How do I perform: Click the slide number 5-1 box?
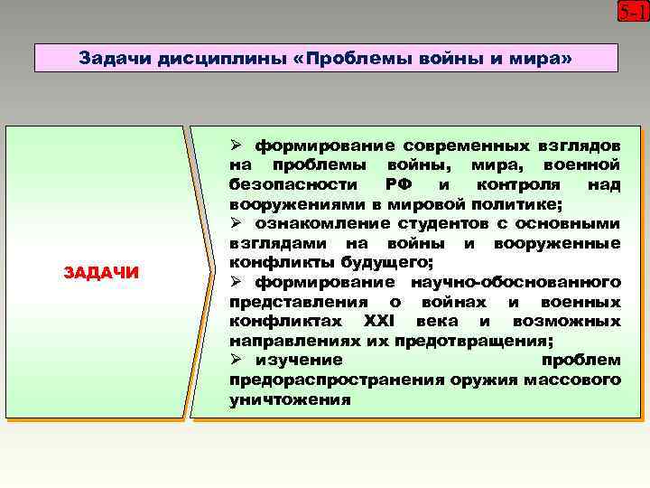pos(633,13)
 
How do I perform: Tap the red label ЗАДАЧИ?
pos(102,272)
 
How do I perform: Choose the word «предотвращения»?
pos(487,341)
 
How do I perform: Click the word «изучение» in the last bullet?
pos(299,360)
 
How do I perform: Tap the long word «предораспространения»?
pos(321,380)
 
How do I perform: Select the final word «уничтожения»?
pos(290,399)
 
